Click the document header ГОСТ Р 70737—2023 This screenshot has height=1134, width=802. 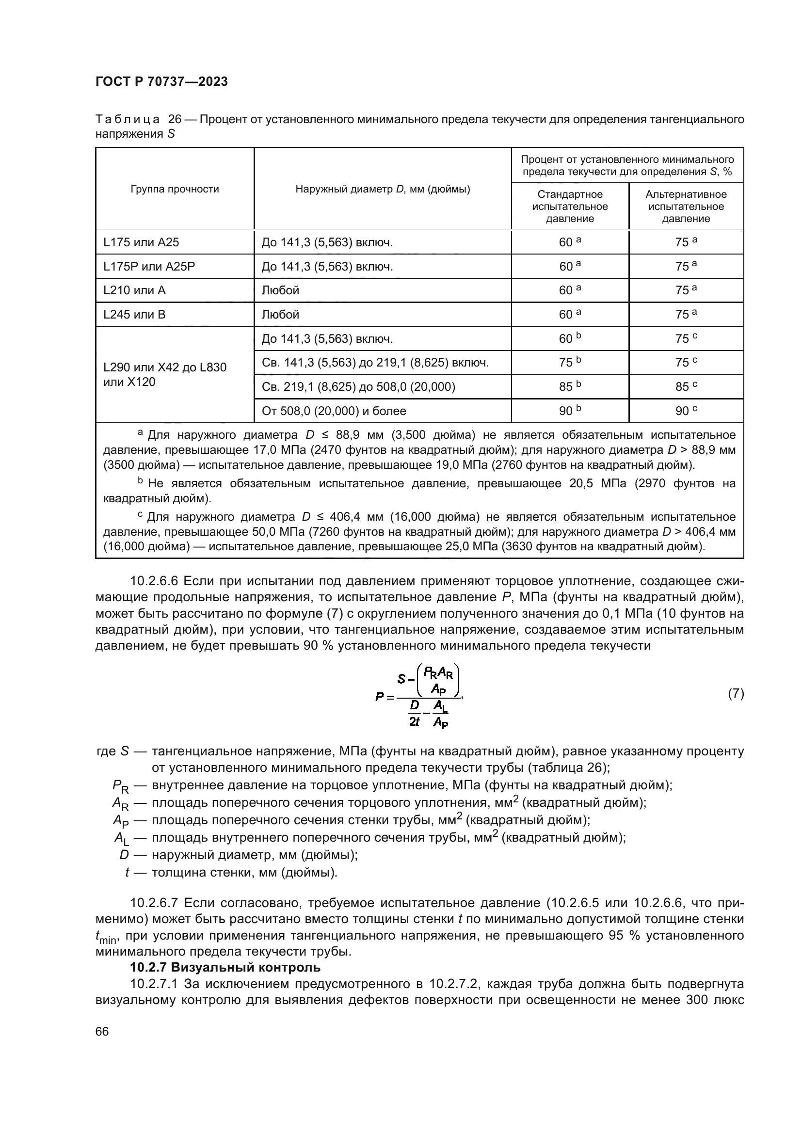[x=161, y=82]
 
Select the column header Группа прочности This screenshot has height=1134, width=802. [x=175, y=189]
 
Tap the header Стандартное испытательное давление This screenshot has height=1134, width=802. [x=570, y=207]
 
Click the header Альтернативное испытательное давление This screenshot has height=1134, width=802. [x=686, y=207]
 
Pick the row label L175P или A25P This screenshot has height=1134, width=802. [x=149, y=267]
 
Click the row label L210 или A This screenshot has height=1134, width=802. [x=134, y=290]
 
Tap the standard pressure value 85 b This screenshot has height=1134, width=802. [x=570, y=387]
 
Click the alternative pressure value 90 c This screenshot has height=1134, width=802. [x=686, y=411]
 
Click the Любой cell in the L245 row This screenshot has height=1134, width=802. [x=280, y=315]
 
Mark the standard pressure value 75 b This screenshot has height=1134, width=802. [x=570, y=363]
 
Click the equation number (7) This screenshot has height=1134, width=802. [x=736, y=693]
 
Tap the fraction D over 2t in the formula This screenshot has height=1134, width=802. [x=414, y=713]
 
